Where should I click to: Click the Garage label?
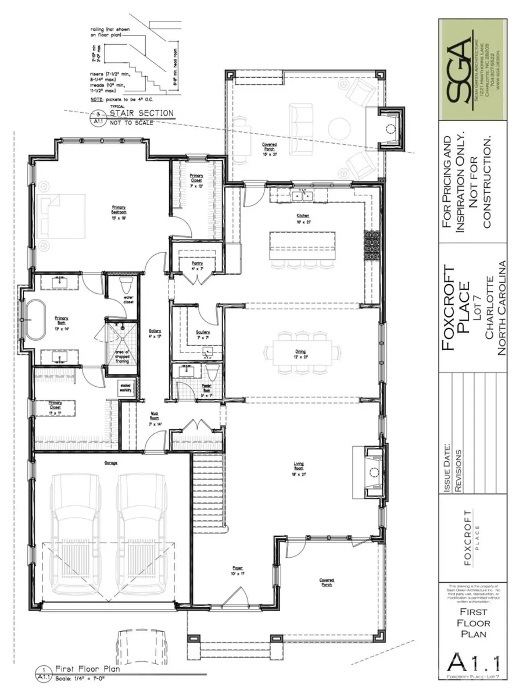point(111,463)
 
